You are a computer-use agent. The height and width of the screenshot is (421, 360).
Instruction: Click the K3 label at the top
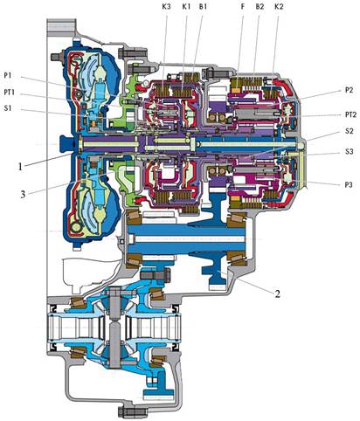pyautogui.click(x=166, y=7)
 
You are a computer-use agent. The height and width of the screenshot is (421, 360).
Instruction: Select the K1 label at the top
pyautogui.click(x=186, y=7)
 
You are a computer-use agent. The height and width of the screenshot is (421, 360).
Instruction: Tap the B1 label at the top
pyautogui.click(x=203, y=7)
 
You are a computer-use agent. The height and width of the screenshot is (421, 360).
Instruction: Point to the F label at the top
pyautogui.click(x=243, y=7)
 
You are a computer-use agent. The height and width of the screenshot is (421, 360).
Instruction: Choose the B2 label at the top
pyautogui.click(x=260, y=7)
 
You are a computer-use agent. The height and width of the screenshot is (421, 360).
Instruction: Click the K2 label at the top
pyautogui.click(x=279, y=7)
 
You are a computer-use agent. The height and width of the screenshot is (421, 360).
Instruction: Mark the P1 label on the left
pyautogui.click(x=8, y=75)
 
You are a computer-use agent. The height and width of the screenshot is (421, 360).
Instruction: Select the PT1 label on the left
pyautogui.click(x=10, y=93)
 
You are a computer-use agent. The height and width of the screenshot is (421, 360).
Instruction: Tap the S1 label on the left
pyautogui.click(x=8, y=108)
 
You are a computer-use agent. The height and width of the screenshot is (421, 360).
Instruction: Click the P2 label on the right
pyautogui.click(x=349, y=90)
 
